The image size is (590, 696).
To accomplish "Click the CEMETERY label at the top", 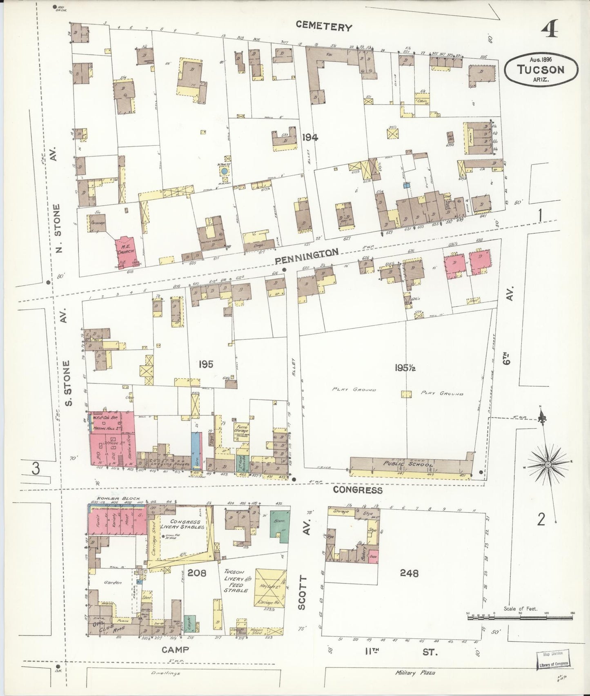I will [324, 27].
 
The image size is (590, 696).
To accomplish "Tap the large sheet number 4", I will [552, 30].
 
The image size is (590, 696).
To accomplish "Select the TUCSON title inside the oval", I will [541, 69].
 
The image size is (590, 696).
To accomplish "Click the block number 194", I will [310, 138].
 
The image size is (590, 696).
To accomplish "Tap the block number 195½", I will [406, 367].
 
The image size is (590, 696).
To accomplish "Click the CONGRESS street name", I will [358, 490].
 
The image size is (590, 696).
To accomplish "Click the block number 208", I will [197, 573].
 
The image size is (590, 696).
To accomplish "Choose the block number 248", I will [409, 573].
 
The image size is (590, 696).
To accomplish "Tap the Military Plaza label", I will [415, 672].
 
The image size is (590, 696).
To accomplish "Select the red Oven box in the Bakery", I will [373, 557].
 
